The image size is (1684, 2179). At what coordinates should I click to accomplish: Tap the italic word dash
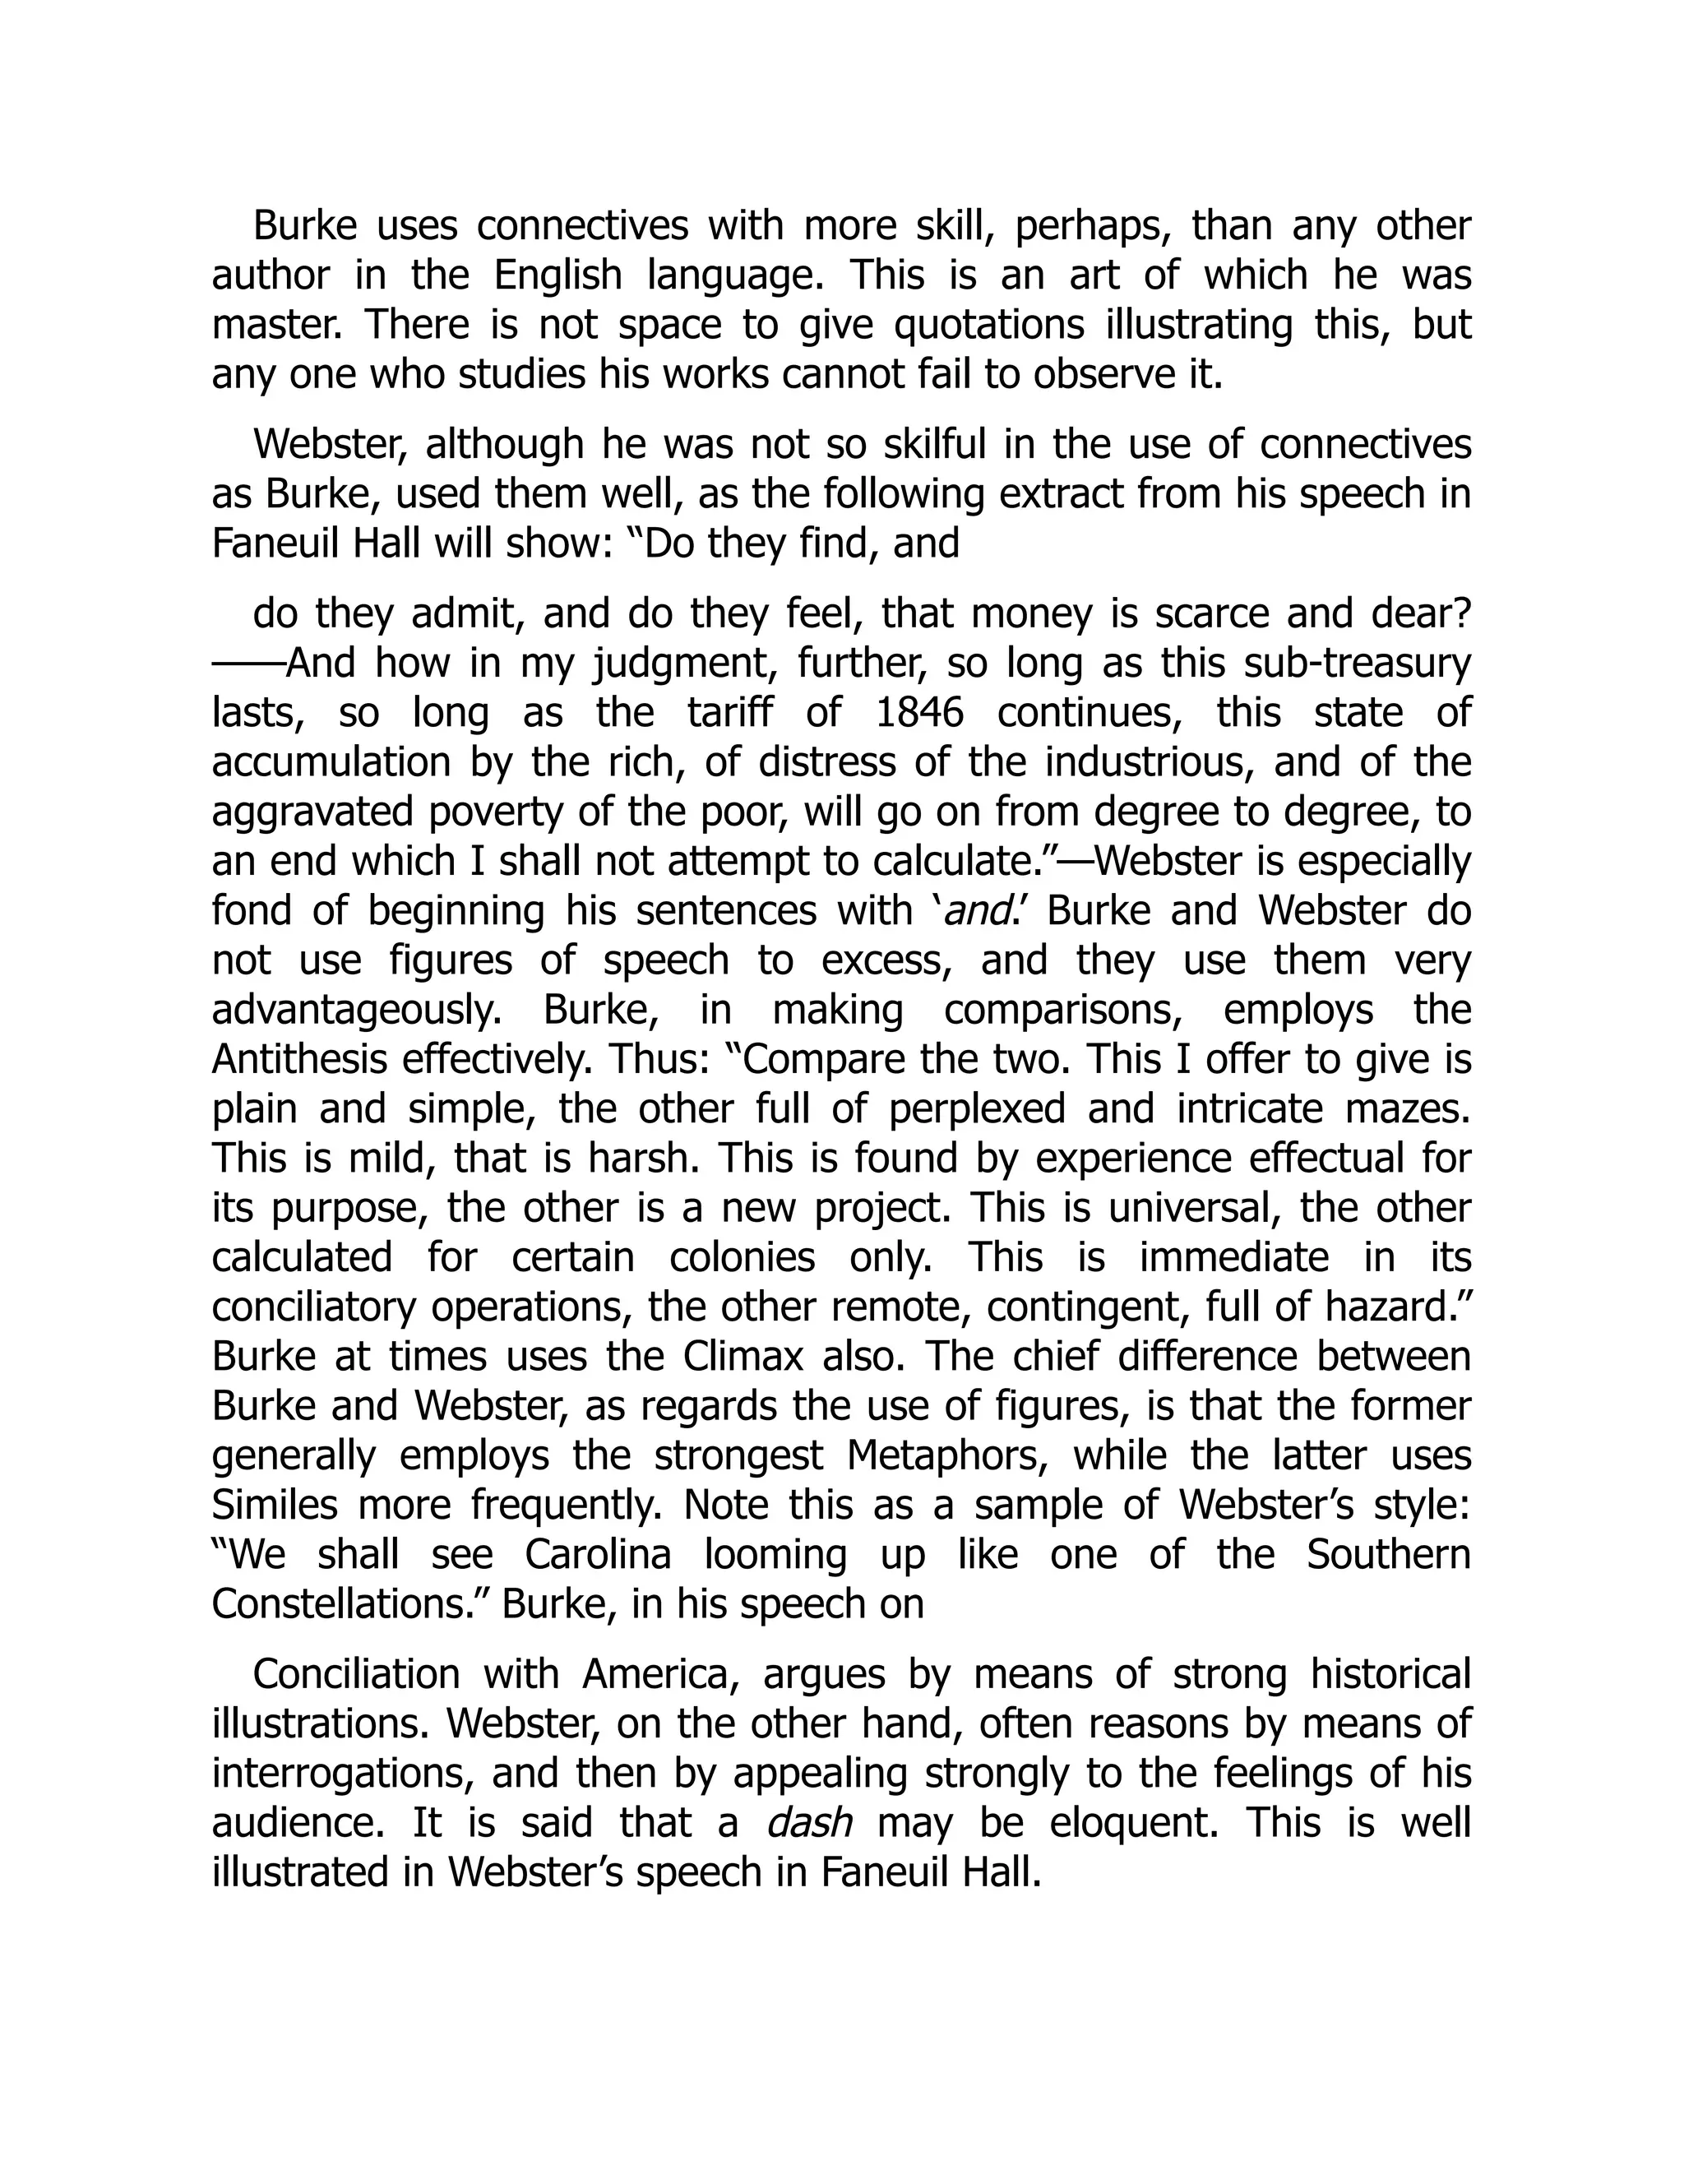(809, 1823)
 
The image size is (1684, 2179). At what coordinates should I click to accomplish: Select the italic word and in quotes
(973, 911)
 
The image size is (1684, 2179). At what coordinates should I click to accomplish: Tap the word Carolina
(598, 1554)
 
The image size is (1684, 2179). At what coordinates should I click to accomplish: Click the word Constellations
(348, 1604)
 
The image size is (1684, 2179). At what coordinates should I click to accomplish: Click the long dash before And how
(248, 664)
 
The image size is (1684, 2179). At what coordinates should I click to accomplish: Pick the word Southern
(1389, 1554)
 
